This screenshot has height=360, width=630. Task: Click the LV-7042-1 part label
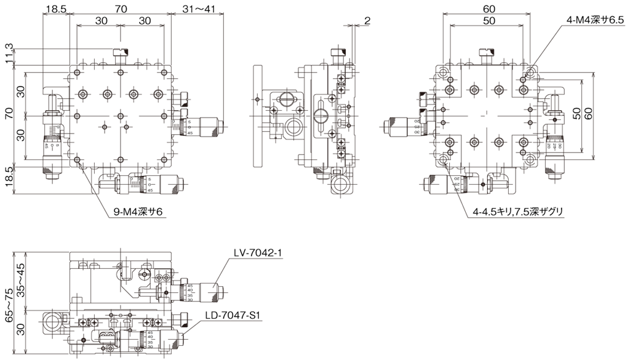[x=258, y=252]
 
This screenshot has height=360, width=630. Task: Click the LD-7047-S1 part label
[x=234, y=316]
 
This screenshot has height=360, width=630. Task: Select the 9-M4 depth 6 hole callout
[x=138, y=212]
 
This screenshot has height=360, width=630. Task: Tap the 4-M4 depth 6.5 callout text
[x=595, y=20]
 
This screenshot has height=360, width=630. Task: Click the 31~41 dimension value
[x=199, y=9]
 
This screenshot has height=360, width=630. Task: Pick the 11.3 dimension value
[x=8, y=54]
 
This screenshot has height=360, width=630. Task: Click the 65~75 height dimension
[x=8, y=305]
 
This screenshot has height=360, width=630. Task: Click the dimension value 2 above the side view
[x=367, y=20]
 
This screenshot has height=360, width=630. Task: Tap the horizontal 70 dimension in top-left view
[x=121, y=9]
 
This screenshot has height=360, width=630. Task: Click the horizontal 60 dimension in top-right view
[x=489, y=9]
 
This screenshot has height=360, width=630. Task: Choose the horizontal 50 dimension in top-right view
[x=489, y=20]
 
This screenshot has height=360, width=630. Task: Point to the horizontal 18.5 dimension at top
[x=56, y=9]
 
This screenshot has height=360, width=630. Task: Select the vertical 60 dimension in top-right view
[x=589, y=114]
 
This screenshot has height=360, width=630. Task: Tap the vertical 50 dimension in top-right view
[x=577, y=114]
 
